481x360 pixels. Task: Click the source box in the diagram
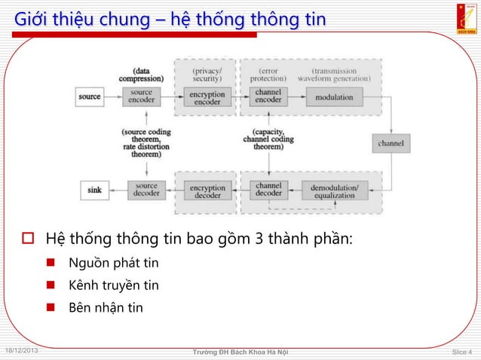pos(90,96)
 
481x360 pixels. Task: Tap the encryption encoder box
pos(207,97)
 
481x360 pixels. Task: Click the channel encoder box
pos(268,96)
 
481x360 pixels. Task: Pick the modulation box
pos(334,97)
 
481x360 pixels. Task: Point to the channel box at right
pos(391,143)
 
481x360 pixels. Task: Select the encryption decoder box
pos(207,190)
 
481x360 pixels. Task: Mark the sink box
pos(94,190)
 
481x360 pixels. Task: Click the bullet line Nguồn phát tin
pos(113,263)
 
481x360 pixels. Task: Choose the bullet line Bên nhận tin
pos(105,308)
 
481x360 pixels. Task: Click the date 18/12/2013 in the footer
pos(23,351)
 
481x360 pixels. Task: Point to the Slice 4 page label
pos(461,352)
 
